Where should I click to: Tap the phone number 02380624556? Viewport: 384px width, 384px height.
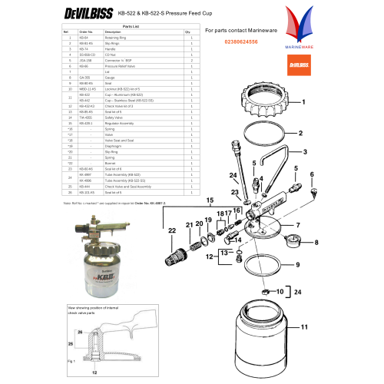[231, 41]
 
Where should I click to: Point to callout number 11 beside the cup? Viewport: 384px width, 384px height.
[324, 327]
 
